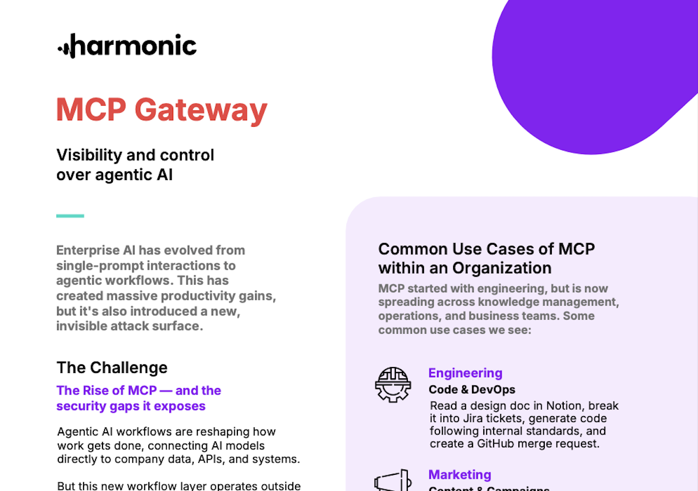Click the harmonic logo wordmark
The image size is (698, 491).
[x=127, y=46]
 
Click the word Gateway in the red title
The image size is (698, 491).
[x=201, y=110]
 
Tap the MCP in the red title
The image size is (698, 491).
[x=91, y=110]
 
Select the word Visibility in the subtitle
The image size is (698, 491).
[x=89, y=155]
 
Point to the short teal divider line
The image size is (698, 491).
[x=70, y=216]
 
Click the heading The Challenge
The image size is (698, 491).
[x=112, y=368]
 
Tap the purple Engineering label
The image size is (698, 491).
[x=465, y=373]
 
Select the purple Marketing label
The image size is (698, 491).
[x=460, y=475]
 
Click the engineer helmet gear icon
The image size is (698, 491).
[x=393, y=384]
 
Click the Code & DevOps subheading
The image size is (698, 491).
[x=471, y=390]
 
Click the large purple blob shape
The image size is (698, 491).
[x=583, y=70]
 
